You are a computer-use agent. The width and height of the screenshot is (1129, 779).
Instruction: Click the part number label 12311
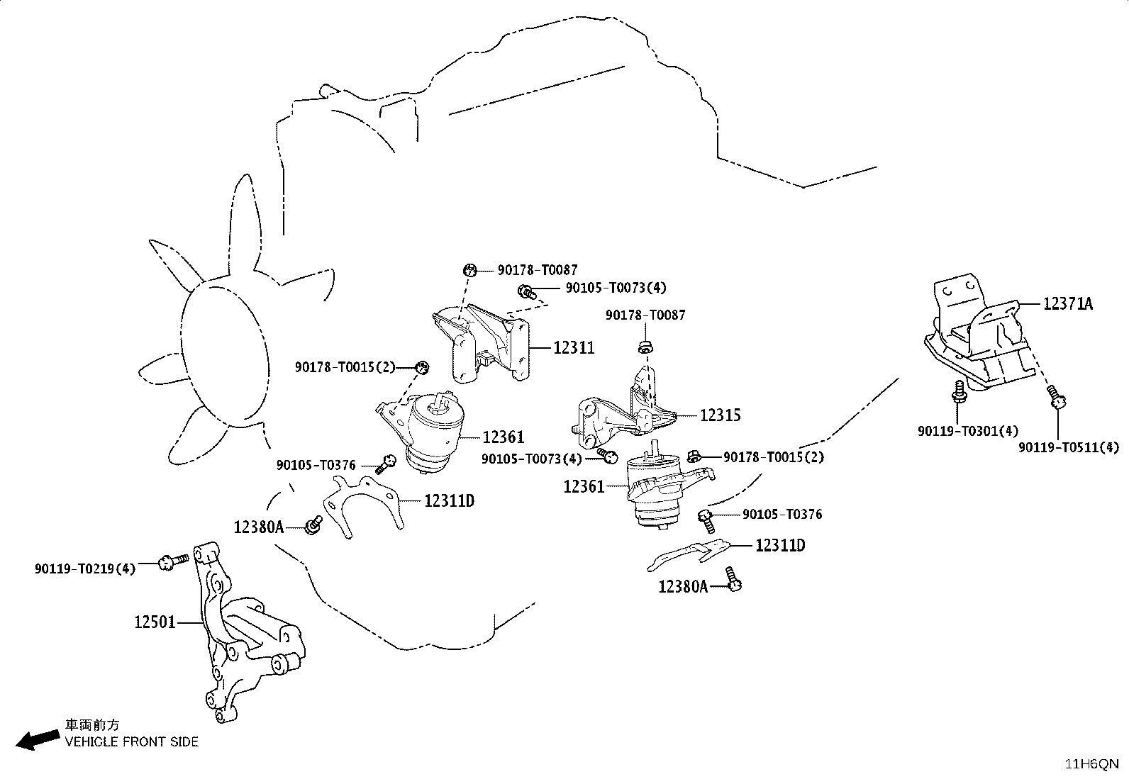click(574, 347)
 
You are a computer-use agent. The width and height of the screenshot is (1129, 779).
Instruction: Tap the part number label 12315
click(721, 415)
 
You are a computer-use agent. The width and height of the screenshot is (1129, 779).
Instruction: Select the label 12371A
click(1068, 304)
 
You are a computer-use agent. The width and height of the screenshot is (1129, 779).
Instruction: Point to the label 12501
click(155, 622)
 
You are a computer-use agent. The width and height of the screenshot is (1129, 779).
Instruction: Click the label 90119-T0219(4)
click(85, 569)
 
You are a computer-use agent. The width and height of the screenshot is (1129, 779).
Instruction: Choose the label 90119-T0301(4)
click(968, 432)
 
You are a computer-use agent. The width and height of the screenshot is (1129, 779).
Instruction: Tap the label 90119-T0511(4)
click(1069, 447)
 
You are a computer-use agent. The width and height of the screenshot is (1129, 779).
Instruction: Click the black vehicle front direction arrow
click(38, 739)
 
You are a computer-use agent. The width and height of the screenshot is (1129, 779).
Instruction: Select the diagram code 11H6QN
click(1091, 764)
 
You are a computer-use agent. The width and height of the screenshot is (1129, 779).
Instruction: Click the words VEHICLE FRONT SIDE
click(131, 741)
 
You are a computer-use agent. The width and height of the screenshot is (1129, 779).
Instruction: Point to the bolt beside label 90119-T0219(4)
click(173, 561)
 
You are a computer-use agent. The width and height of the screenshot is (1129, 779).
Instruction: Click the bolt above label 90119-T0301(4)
click(959, 391)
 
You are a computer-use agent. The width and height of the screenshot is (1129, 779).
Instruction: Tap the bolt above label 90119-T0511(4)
click(1055, 396)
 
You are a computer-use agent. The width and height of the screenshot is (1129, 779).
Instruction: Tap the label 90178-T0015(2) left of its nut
click(345, 367)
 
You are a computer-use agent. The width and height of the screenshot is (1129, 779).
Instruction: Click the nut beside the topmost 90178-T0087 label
click(469, 270)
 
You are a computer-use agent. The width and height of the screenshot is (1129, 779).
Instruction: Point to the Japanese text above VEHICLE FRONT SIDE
click(92, 725)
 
